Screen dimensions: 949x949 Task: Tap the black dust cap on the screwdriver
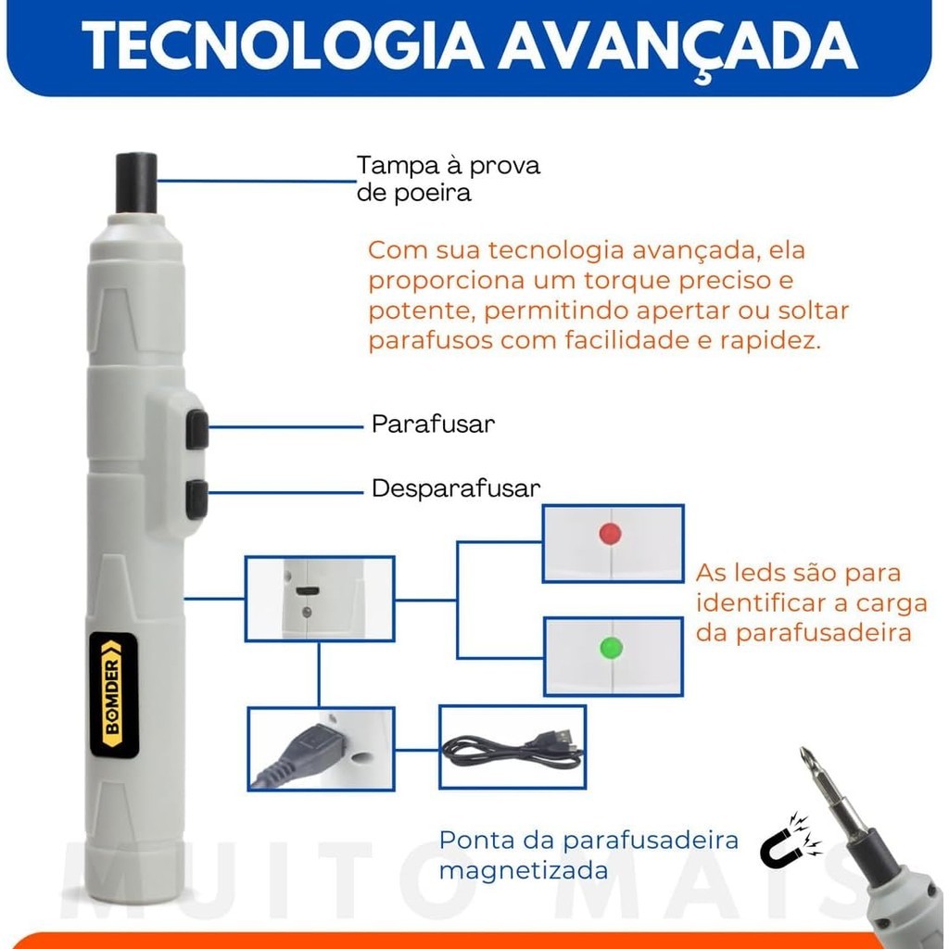[136, 183]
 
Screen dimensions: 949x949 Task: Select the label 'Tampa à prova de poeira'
[448, 179]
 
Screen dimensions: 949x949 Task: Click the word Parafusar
[434, 424]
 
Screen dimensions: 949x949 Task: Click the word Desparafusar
[456, 488]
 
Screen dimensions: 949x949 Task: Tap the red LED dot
[610, 533]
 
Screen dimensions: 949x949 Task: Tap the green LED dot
[611, 648]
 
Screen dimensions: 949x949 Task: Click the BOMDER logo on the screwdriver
[114, 695]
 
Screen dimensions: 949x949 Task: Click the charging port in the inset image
[308, 590]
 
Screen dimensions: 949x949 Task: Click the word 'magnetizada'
[524, 871]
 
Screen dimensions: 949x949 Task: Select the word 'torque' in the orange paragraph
[627, 281]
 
